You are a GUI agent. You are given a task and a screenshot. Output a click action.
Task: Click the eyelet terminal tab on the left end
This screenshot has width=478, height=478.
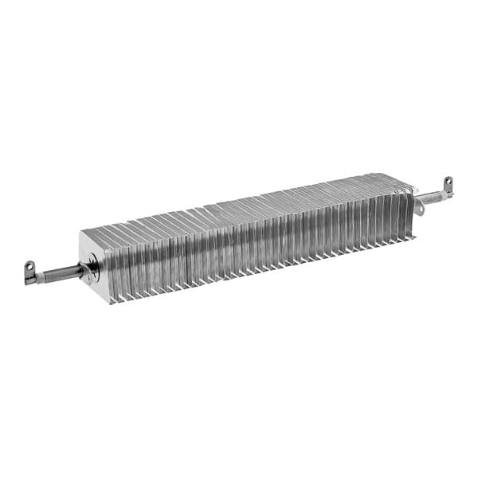[x=30, y=270]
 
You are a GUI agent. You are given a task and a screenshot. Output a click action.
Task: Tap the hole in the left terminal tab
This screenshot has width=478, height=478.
[x=30, y=266]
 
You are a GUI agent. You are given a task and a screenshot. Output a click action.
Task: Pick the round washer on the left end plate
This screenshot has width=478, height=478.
[x=93, y=266]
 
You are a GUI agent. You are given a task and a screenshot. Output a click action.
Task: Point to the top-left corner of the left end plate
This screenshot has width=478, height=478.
[x=81, y=230]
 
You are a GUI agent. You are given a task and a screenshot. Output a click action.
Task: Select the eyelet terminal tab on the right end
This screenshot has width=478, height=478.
[x=448, y=186]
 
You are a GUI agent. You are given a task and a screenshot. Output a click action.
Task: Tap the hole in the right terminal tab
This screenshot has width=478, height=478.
[x=449, y=182]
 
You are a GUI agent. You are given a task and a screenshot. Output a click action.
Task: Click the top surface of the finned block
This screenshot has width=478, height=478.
[x=239, y=203]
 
